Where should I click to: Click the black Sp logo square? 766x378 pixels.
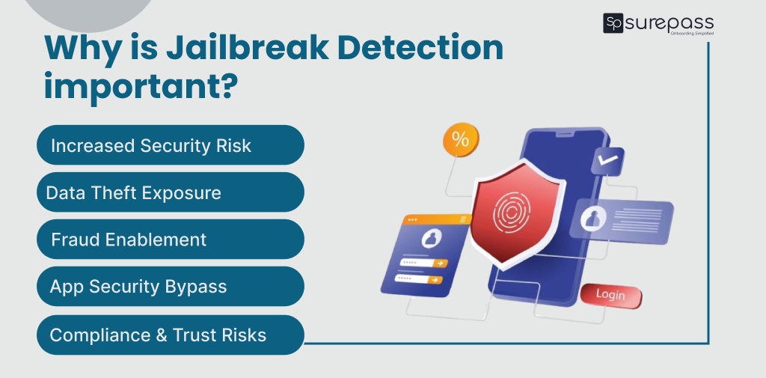click(613, 23)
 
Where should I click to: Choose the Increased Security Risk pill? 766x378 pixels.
click(170, 145)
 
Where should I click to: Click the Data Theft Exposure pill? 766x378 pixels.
click(170, 192)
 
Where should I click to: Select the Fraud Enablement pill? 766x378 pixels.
click(170, 240)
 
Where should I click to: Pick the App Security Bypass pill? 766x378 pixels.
click(170, 287)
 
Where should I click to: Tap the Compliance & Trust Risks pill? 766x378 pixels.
click(170, 335)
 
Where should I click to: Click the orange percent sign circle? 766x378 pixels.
click(461, 139)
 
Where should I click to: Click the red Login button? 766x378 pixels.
click(610, 294)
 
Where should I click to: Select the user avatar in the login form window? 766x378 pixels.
click(431, 239)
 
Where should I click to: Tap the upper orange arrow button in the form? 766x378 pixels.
click(441, 263)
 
